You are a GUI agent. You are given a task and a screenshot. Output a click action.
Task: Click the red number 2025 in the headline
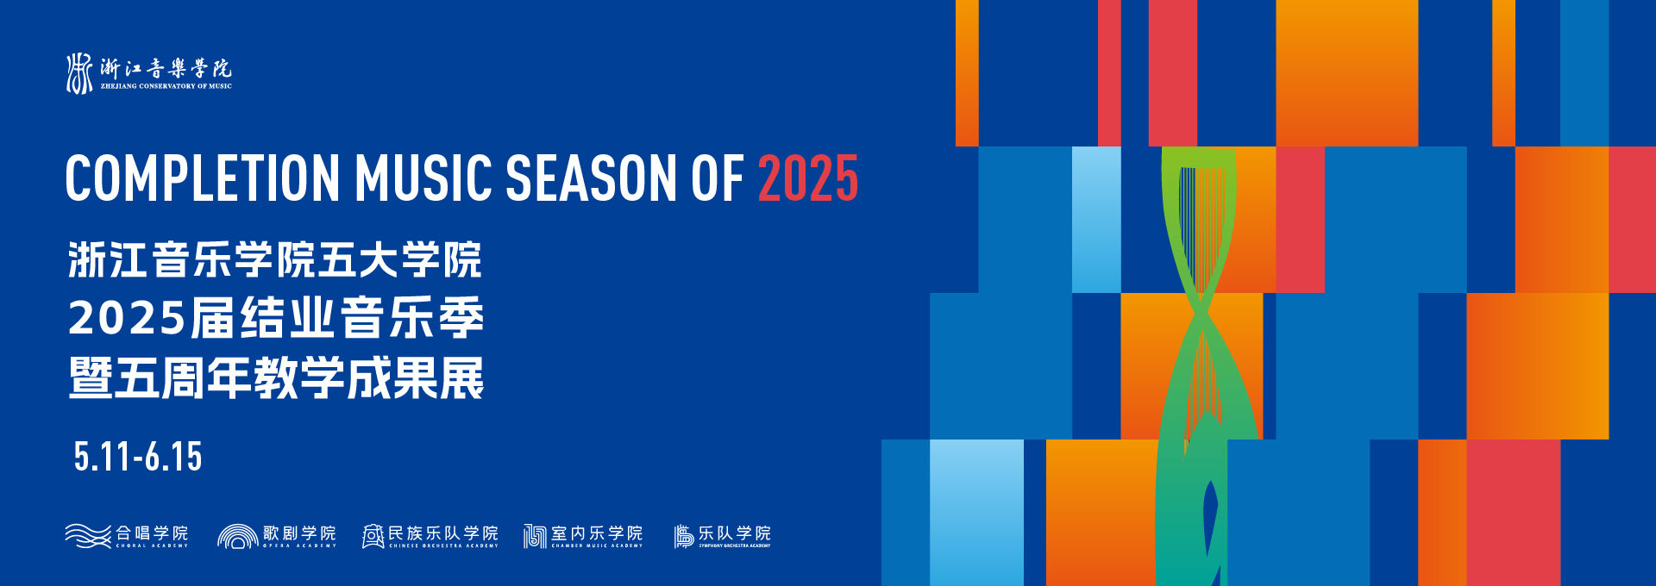pos(807,178)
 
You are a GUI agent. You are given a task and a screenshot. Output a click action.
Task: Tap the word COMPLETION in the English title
pos(203,178)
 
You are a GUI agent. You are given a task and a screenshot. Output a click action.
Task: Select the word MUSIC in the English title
pos(423,178)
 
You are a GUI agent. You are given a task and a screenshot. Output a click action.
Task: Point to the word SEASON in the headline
pos(591,178)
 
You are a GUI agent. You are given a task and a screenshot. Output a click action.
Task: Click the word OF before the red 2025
pos(716,178)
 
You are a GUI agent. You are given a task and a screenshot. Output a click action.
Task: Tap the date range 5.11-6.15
pos(138,457)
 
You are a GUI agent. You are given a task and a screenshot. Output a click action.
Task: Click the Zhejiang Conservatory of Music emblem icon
pos(79,73)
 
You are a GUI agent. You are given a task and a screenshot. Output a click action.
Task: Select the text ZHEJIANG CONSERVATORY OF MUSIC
pos(166,86)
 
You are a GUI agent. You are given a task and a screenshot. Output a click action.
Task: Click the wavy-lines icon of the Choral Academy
pos(88,536)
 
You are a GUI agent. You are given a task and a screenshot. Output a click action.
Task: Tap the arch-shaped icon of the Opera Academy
pos(238,536)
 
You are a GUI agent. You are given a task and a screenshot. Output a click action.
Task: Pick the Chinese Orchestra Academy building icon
pos(373,536)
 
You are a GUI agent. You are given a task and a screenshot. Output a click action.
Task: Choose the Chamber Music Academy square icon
pos(535,536)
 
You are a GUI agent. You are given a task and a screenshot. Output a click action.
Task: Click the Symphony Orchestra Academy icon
pos(683,536)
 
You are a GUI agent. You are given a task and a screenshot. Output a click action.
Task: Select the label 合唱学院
pos(152,533)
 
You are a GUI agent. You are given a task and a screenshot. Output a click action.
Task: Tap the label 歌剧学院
pos(299,533)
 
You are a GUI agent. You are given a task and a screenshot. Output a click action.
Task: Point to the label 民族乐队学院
pos(443,533)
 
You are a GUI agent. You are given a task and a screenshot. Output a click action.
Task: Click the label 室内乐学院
pos(597,533)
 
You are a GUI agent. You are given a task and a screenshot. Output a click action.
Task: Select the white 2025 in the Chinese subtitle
pos(127,319)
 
